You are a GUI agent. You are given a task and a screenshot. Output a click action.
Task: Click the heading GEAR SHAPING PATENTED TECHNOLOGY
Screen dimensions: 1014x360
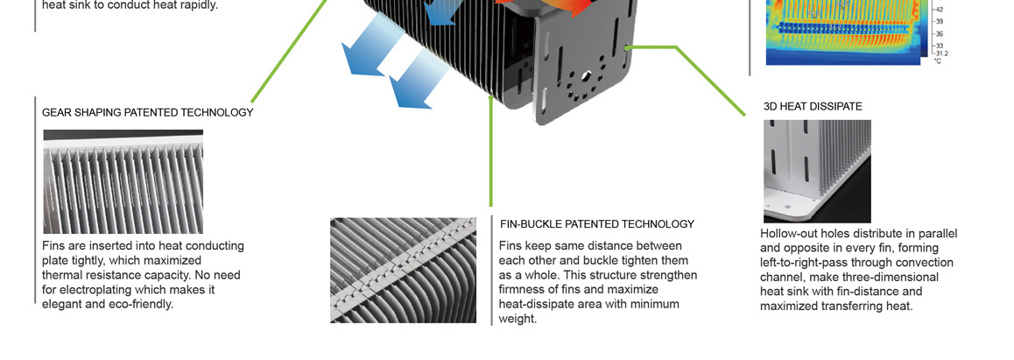(x=147, y=112)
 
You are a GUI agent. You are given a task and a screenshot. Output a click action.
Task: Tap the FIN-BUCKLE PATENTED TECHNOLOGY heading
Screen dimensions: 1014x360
(x=597, y=224)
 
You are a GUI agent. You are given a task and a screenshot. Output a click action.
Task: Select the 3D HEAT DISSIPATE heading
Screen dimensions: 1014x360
(x=813, y=107)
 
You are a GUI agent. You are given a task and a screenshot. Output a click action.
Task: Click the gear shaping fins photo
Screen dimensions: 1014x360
(x=123, y=181)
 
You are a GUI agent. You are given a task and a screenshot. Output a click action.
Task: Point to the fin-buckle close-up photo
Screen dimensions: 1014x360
(x=404, y=270)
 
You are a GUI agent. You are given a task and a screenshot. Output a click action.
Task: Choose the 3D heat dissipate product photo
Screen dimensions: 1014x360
(x=817, y=172)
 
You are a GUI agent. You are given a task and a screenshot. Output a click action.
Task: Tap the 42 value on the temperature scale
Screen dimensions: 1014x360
(x=939, y=10)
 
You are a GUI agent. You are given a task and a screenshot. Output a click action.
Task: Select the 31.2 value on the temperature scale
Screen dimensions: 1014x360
(x=941, y=53)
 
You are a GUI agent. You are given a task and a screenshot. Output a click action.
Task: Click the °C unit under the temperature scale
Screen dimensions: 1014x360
(x=938, y=60)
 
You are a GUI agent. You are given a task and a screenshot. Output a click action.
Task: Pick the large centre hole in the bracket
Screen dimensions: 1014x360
(x=586, y=75)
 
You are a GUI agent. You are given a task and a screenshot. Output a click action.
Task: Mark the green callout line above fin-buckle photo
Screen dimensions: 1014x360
(x=491, y=152)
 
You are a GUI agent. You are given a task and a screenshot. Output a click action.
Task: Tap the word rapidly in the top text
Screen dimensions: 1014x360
(x=197, y=6)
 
